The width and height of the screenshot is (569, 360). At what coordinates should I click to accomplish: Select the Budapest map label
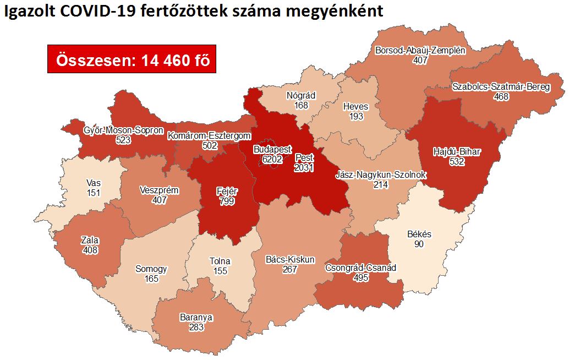pyautogui.click(x=272, y=149)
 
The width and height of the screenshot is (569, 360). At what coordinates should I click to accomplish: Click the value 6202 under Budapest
pyautogui.click(x=272, y=159)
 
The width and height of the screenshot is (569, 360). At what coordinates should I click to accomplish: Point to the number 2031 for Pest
pyautogui.click(x=303, y=167)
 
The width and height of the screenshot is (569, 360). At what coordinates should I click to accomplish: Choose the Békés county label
pyautogui.click(x=419, y=234)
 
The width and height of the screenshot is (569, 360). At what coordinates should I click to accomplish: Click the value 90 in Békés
pyautogui.click(x=419, y=243)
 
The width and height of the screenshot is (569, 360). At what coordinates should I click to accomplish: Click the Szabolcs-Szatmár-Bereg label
pyautogui.click(x=501, y=87)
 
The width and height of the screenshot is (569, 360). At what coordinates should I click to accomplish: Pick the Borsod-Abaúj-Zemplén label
pyautogui.click(x=420, y=50)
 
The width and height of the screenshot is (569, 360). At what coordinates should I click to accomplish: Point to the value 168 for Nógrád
pyautogui.click(x=301, y=105)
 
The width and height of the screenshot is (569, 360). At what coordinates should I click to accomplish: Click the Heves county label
pyautogui.click(x=355, y=106)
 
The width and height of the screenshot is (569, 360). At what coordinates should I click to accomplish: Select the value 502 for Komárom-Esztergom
pyautogui.click(x=210, y=145)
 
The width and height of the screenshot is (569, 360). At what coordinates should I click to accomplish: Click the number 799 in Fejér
pyautogui.click(x=226, y=201)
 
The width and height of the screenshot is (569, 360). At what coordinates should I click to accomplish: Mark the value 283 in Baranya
pyautogui.click(x=195, y=327)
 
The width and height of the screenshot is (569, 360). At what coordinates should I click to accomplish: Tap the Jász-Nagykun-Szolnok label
pyautogui.click(x=381, y=175)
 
